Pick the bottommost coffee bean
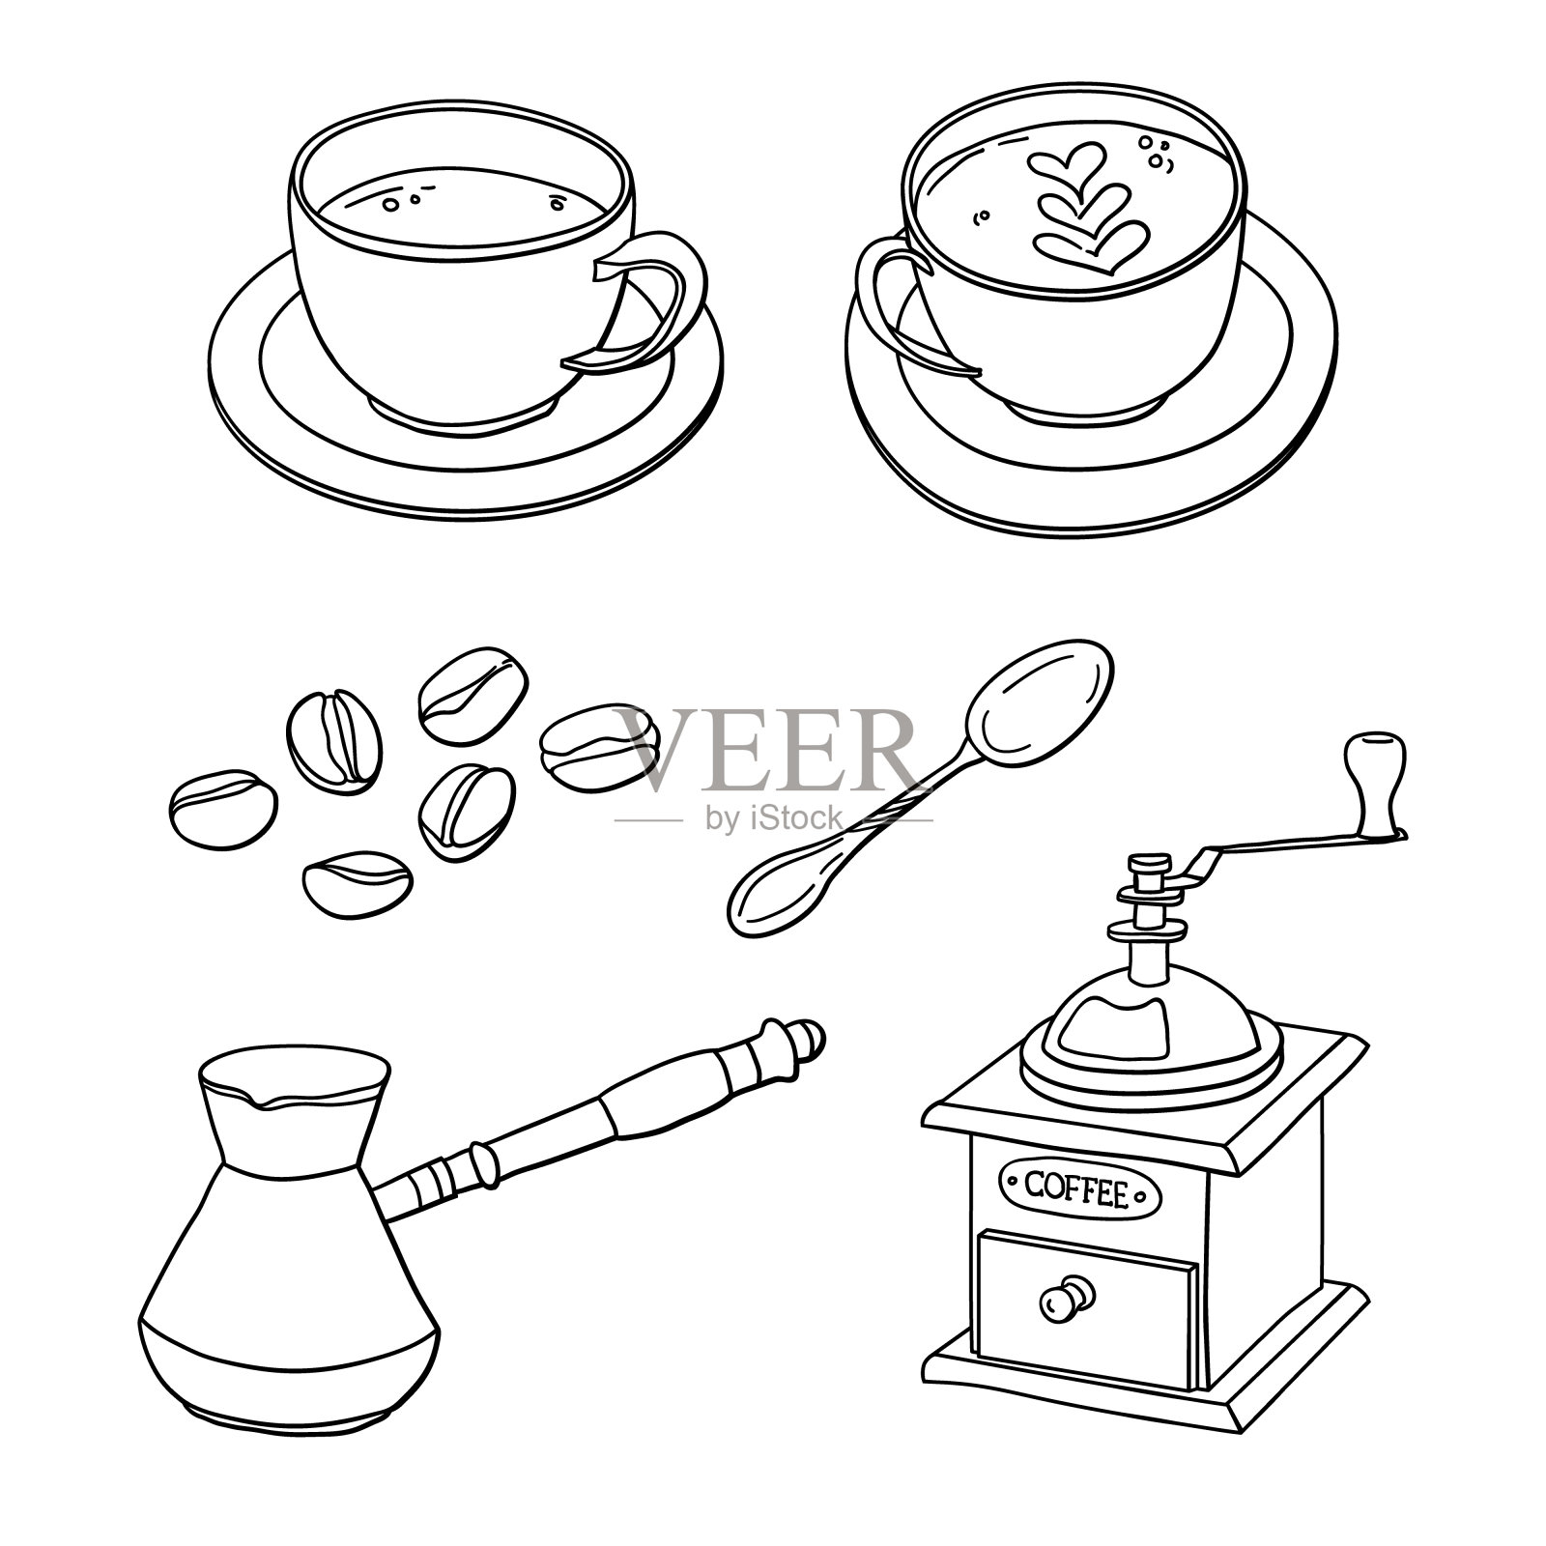click(x=358, y=884)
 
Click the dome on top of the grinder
click(x=1149, y=1024)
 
